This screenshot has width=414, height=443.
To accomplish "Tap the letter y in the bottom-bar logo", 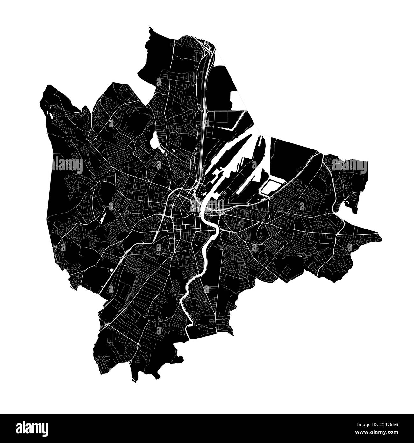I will pos(45,429).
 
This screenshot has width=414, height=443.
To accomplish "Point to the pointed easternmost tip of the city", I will pos(381,238).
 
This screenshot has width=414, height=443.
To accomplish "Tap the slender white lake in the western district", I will pos(103,216).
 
